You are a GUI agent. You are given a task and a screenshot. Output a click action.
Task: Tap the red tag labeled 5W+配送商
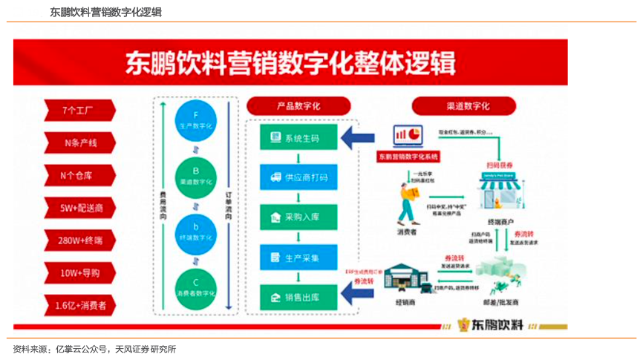click(x=79, y=208)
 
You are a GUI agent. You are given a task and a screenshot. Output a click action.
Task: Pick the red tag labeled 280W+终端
click(x=79, y=240)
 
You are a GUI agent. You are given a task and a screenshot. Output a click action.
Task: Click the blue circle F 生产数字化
click(x=195, y=122)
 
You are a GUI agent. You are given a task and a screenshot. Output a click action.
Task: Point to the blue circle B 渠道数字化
click(x=195, y=176)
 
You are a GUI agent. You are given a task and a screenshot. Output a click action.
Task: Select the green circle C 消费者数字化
click(x=195, y=289)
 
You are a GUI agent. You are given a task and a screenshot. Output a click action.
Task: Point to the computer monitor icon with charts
click(x=408, y=135)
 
